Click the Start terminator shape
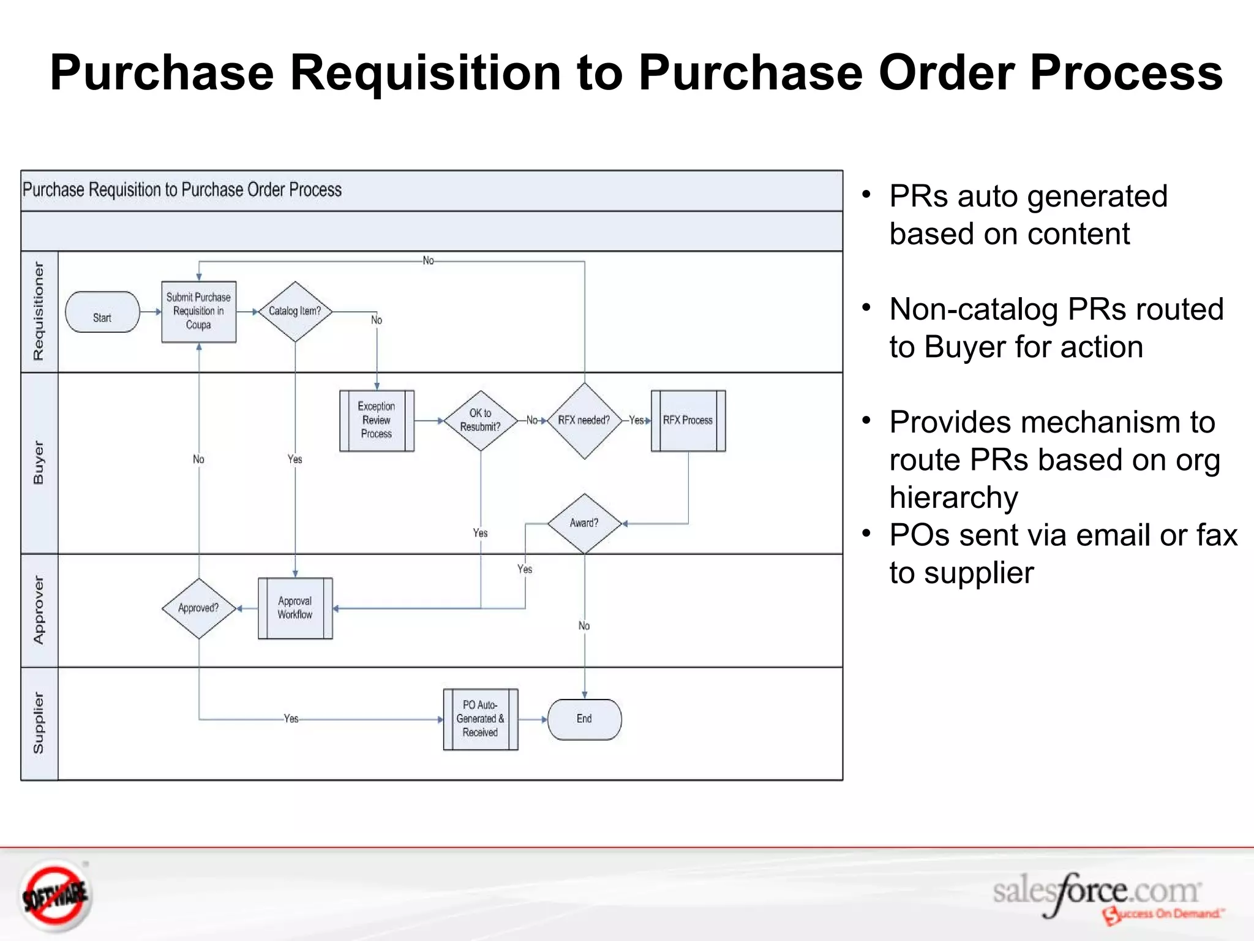point(102,312)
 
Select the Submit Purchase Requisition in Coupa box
point(198,311)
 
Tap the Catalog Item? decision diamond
point(295,311)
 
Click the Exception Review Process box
point(377,420)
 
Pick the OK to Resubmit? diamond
point(481,420)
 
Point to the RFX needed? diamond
point(584,420)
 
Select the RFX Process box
point(688,420)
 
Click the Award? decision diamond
point(584,523)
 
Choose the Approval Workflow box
point(295,608)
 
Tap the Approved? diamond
point(198,608)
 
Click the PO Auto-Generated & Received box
point(481,719)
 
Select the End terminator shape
point(584,719)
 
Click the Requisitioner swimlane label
point(39,311)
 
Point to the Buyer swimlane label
point(39,463)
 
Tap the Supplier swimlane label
point(39,723)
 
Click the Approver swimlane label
point(39,610)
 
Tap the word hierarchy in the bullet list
point(953,497)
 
